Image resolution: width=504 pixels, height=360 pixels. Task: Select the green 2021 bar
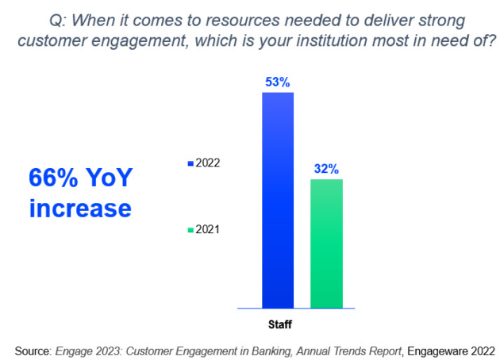tap(326, 243)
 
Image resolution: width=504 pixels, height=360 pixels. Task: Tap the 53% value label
tap(278, 82)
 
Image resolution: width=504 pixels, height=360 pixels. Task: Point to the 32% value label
tap(326, 168)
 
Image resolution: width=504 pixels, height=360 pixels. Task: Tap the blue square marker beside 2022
tap(190, 163)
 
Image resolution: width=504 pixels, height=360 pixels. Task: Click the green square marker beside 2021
tap(190, 230)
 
